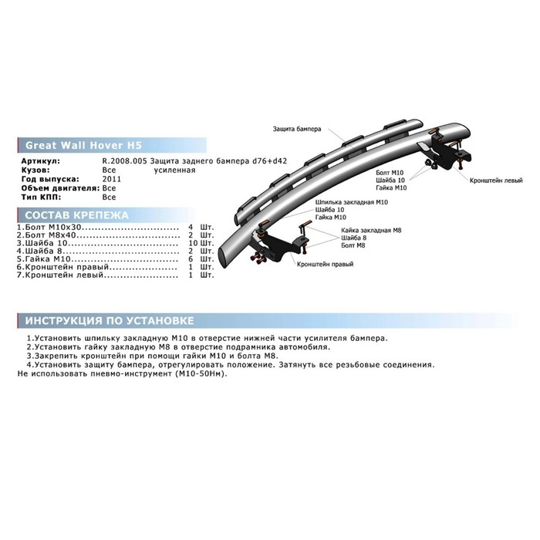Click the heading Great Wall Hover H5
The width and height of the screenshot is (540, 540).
[x=83, y=145]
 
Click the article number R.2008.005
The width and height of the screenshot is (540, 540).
[x=125, y=160]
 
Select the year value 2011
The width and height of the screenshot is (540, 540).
[x=112, y=179]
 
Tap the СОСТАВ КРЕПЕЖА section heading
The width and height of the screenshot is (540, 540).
[x=76, y=215]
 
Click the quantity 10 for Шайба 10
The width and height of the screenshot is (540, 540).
[x=193, y=244]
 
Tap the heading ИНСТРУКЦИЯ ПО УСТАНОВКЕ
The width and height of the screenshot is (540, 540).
[x=110, y=321]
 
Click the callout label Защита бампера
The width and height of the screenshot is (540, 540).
[x=297, y=129]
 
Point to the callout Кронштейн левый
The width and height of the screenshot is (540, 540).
[x=496, y=181]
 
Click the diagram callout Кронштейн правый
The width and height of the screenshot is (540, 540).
[x=325, y=264]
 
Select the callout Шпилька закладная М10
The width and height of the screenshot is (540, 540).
[x=352, y=202]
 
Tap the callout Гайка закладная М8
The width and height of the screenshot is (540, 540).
[x=371, y=231]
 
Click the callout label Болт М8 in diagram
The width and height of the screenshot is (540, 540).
[x=353, y=245]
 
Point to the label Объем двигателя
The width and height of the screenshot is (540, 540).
[x=61, y=188]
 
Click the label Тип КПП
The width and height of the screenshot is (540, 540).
[x=41, y=197]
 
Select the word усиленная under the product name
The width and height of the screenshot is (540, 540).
[x=174, y=170]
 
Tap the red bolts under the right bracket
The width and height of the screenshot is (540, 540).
[x=258, y=258]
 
